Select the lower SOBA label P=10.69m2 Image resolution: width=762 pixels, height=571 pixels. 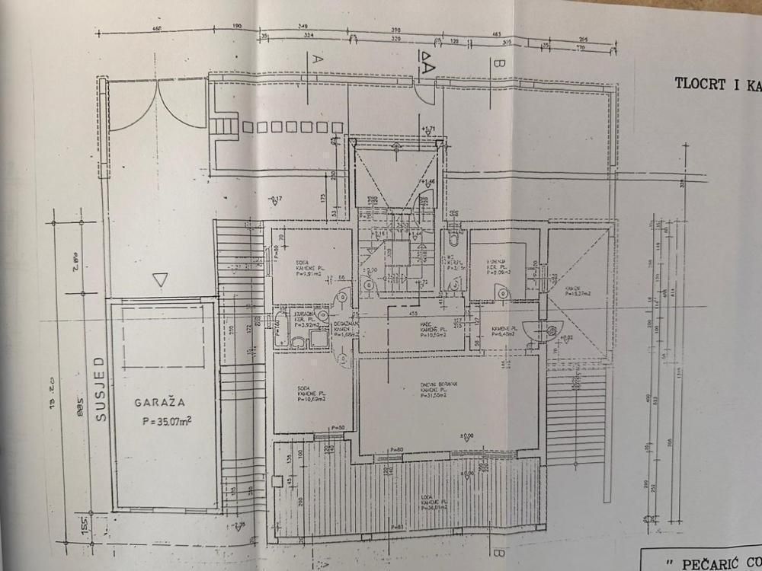click(309, 396)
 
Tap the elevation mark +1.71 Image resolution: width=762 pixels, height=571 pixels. click(430, 129)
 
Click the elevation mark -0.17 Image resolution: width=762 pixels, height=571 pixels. click(276, 199)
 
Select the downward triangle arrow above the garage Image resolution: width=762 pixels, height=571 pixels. click(159, 279)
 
